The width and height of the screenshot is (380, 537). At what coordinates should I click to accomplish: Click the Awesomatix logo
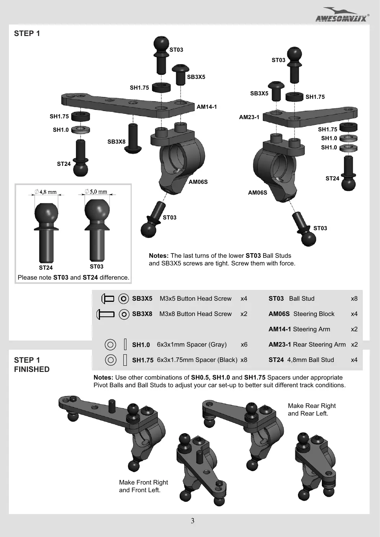coord(342,15)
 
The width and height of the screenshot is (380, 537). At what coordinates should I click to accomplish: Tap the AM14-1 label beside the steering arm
coord(206,107)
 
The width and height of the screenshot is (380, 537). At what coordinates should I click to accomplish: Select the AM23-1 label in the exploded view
coord(249,117)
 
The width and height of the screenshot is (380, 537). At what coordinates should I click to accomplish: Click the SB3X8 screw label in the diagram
coord(116,142)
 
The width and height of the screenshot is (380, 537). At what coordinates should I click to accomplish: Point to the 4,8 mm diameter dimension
coord(46,192)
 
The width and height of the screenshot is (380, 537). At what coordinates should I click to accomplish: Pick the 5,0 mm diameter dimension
coord(96,192)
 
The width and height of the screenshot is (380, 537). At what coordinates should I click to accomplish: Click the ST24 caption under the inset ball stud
coord(46,267)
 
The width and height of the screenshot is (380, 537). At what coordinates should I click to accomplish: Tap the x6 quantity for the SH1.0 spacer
coord(244,344)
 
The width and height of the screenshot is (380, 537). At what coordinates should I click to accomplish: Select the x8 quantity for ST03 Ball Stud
coord(354,298)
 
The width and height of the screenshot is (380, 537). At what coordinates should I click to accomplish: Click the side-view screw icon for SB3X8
coord(105,314)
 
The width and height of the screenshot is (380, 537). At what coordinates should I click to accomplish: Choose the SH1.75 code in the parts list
coord(142,360)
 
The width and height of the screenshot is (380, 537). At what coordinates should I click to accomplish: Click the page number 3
coord(193,521)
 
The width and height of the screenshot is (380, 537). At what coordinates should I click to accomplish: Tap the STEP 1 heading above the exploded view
coord(27,33)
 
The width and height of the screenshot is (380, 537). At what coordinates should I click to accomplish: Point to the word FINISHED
coord(32,369)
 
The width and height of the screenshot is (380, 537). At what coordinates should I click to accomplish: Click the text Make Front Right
coord(143,482)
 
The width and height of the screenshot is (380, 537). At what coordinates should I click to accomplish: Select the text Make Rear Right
coord(312,406)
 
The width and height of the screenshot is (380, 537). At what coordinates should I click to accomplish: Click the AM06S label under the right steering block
coord(257,193)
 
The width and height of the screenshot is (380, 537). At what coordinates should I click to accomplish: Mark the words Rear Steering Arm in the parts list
coord(319,344)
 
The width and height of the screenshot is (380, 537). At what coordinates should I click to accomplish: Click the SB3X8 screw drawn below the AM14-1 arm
coord(133,138)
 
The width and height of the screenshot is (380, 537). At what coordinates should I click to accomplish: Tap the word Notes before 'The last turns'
coord(159,255)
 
